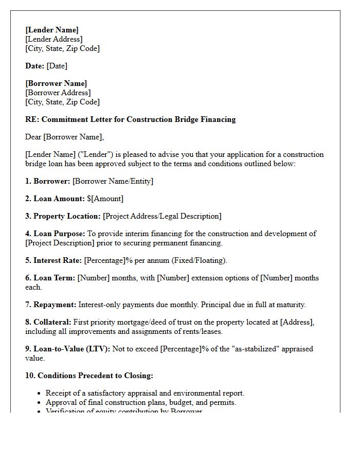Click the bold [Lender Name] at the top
pyautogui.click(x=52, y=30)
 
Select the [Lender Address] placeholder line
pyautogui.click(x=53, y=39)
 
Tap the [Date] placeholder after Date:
pyautogui.click(x=57, y=66)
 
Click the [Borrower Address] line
pyautogui.click(x=58, y=93)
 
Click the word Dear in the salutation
pyautogui.click(x=33, y=137)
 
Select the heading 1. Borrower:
pyautogui.click(x=48, y=181)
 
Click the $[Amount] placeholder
pyautogui.click(x=105, y=199)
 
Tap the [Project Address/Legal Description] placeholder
pyautogui.click(x=162, y=216)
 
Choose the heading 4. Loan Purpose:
pyautogui.click(x=55, y=234)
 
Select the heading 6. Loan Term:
pyautogui.click(x=50, y=278)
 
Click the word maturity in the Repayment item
pyautogui.click(x=290, y=305)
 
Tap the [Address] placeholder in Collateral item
pyautogui.click(x=296, y=322)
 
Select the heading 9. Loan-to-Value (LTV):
pyautogui.click(x=67, y=349)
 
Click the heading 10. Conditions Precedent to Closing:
pyautogui.click(x=89, y=376)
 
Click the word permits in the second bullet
pyautogui.click(x=223, y=402)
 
